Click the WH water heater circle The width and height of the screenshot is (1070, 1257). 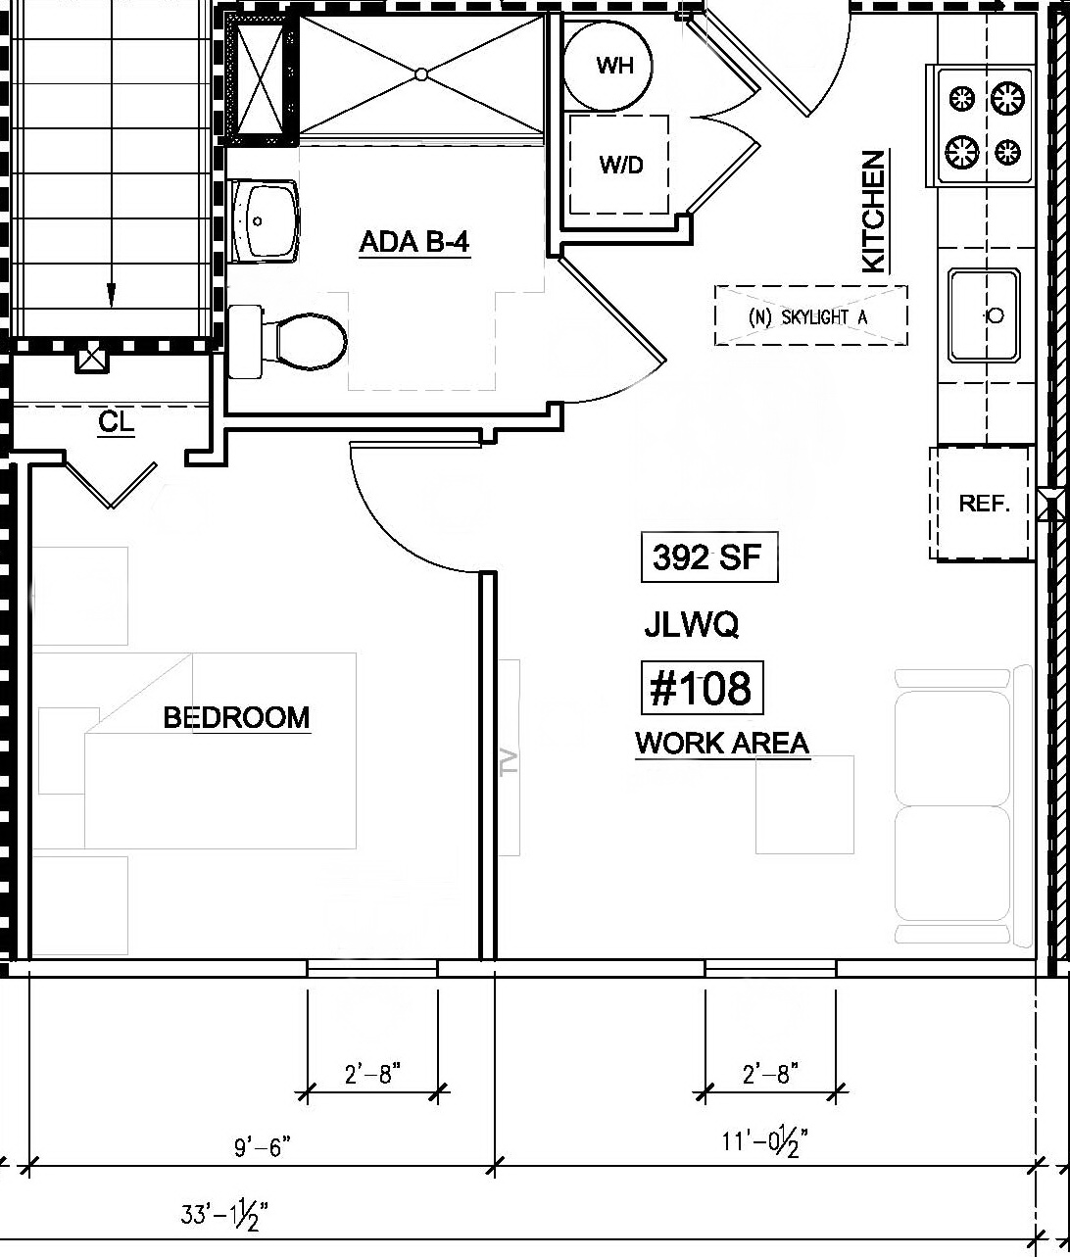click(x=614, y=66)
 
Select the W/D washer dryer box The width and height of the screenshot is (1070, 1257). click(x=620, y=165)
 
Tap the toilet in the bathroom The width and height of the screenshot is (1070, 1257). click(x=299, y=341)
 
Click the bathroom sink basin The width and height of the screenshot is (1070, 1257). click(x=266, y=219)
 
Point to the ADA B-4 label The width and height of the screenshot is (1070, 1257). click(x=415, y=242)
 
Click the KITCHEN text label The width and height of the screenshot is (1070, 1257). click(x=873, y=211)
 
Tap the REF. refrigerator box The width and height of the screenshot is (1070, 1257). click(x=983, y=503)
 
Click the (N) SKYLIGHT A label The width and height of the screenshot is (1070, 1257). click(x=810, y=316)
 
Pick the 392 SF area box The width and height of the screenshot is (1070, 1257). click(x=709, y=557)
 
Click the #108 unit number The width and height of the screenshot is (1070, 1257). click(x=702, y=688)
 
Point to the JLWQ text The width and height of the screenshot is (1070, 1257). click(x=692, y=624)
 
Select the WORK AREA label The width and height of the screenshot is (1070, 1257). click(x=723, y=744)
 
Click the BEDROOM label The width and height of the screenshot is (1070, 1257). click(x=236, y=717)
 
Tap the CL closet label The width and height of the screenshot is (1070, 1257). click(x=116, y=423)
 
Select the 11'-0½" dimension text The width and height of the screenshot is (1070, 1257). click(x=765, y=1142)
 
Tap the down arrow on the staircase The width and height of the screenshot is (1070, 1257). click(x=111, y=293)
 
